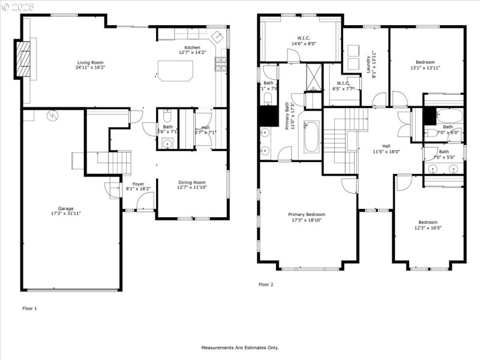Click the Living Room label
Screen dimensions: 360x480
point(91,62)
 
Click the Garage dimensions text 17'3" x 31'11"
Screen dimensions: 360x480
point(66,214)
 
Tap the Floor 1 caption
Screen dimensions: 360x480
point(30,308)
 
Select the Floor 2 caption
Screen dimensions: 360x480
point(266,284)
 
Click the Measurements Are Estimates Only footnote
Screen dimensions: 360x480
point(239,347)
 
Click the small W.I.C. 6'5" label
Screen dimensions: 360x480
point(343,86)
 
